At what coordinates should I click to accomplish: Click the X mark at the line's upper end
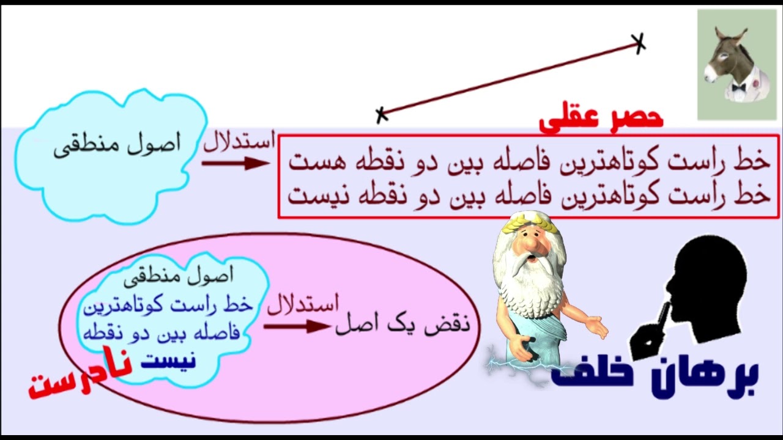point(639,43)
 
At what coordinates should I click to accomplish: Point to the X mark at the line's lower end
point(382,114)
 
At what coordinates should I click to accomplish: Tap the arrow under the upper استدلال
point(236,163)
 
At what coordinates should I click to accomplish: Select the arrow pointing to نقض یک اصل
point(297,326)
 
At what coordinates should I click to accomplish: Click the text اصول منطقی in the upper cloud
point(117,146)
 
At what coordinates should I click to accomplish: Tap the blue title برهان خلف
point(655,374)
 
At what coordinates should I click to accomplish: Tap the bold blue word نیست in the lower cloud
point(169,360)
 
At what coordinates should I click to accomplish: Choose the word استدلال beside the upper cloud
point(239,143)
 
